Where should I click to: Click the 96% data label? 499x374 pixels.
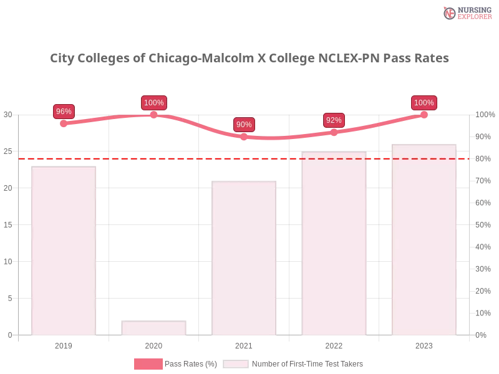(x=64, y=112)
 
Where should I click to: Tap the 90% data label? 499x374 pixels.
(x=244, y=125)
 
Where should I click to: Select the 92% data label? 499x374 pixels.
(x=334, y=120)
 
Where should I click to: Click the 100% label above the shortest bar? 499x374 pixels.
(x=153, y=103)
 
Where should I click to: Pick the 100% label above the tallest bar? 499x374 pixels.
(x=424, y=103)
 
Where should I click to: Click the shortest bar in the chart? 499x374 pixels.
(x=154, y=328)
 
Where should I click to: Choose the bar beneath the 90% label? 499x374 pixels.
(x=244, y=258)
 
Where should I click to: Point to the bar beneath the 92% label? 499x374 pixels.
(x=334, y=243)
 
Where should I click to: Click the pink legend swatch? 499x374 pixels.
(x=148, y=364)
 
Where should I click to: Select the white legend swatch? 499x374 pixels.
(x=236, y=364)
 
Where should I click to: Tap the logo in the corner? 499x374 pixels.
(x=466, y=12)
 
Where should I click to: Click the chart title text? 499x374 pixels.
(x=249, y=59)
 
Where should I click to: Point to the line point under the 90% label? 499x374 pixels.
(x=244, y=136)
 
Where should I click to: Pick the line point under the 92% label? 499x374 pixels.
(x=334, y=132)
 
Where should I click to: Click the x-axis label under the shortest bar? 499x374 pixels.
(x=154, y=344)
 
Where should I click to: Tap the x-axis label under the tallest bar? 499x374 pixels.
(x=424, y=344)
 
